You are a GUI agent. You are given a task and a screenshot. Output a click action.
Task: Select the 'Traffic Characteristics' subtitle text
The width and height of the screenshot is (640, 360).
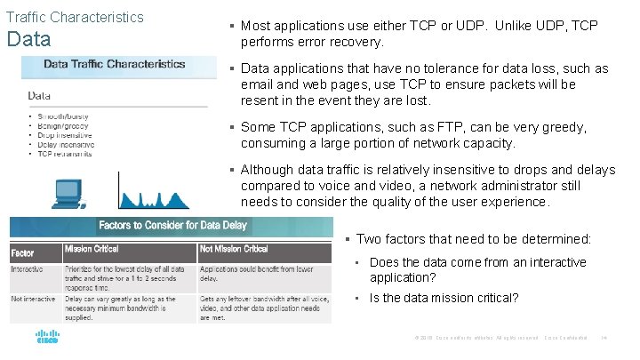[75, 17]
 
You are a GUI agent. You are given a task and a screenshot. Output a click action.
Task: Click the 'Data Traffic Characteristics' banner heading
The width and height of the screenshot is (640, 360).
[115, 64]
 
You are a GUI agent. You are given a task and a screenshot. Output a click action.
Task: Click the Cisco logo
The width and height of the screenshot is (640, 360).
[46, 339]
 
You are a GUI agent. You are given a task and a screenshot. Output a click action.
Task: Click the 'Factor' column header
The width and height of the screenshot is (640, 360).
[23, 251]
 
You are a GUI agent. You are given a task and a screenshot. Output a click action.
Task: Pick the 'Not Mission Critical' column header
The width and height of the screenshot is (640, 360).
[234, 249]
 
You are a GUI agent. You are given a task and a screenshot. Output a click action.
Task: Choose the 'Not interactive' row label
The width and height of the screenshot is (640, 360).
[31, 299]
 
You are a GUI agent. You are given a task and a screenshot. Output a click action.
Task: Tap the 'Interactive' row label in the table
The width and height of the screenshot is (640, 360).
[28, 268]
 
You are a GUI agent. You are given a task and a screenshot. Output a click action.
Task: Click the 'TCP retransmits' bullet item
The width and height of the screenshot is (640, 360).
[67, 154]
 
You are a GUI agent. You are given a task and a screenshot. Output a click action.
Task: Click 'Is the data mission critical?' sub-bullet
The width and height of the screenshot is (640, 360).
[444, 298]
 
